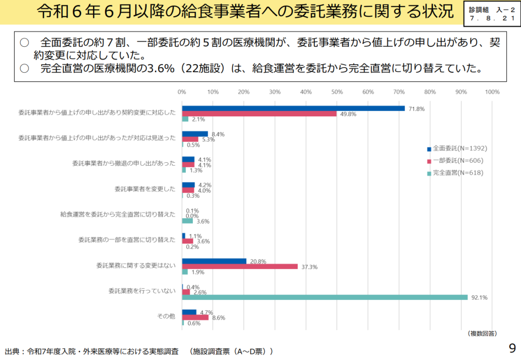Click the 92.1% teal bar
click(325, 297)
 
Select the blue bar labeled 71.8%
click(294, 108)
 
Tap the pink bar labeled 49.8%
click(259, 114)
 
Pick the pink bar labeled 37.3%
click(240, 266)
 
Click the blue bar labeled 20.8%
click(214, 261)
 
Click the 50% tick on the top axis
click(337, 92)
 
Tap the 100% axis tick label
click(492, 92)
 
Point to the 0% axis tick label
click(182, 92)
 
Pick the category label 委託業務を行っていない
click(142, 291)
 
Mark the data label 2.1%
click(198, 119)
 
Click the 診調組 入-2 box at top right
click(490, 14)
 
